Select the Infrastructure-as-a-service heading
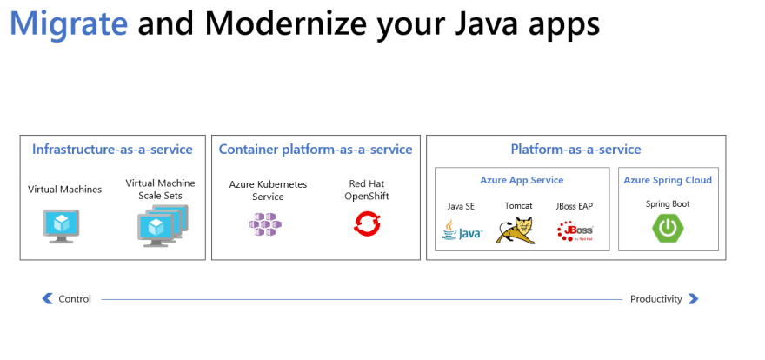coord(112,150)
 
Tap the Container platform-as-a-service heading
coord(316,150)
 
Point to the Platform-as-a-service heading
coord(575,150)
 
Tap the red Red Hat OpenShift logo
coord(366,224)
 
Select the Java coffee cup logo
coord(461,230)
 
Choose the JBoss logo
coord(574,230)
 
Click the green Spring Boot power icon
coord(668,228)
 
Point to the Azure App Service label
coord(522,180)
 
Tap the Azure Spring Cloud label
coord(668,180)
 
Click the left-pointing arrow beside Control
coord(48,299)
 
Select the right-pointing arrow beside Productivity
coord(693,299)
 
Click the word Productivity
coord(655,299)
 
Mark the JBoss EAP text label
coord(574,206)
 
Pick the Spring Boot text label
coord(668,203)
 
